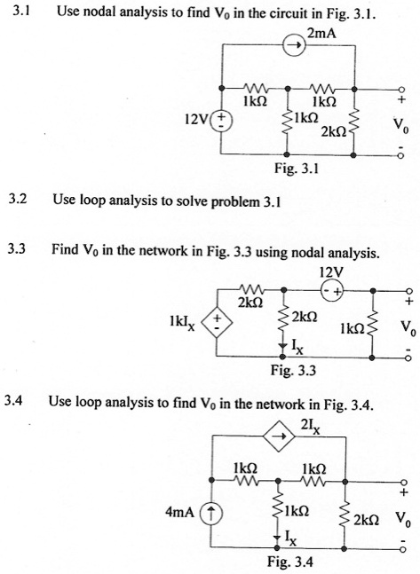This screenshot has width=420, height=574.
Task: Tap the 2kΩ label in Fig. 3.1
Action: [321, 130]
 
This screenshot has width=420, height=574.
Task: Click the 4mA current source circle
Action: [206, 511]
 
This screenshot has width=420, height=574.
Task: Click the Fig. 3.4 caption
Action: [288, 561]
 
